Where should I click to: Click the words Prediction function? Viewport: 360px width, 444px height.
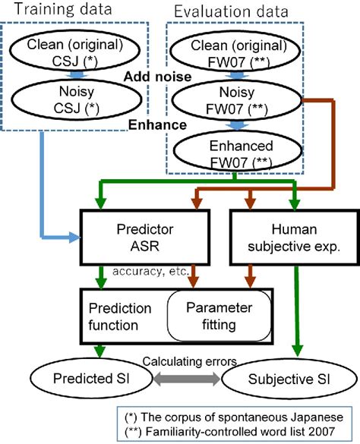pos(121,317)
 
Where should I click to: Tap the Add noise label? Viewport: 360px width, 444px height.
pos(154,77)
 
